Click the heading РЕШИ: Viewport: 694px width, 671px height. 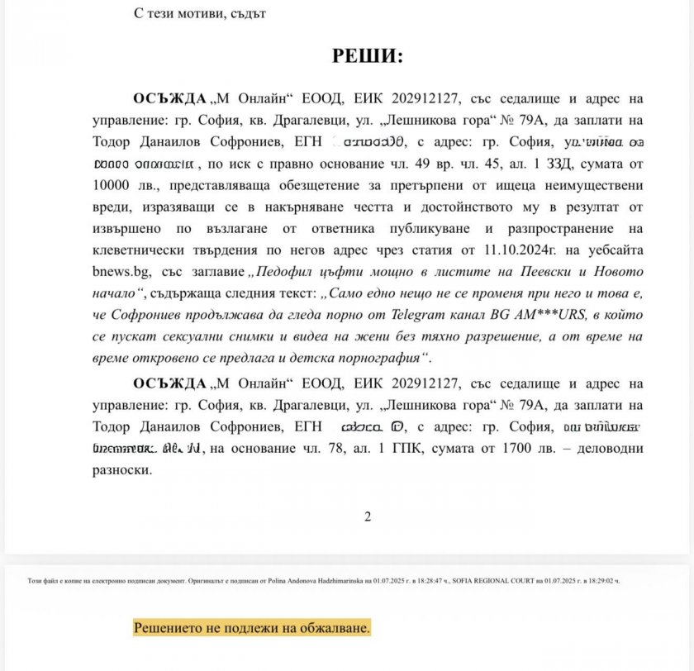[x=367, y=56]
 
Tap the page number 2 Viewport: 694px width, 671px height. [x=368, y=516]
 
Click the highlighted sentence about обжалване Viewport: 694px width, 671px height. [x=252, y=627]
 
